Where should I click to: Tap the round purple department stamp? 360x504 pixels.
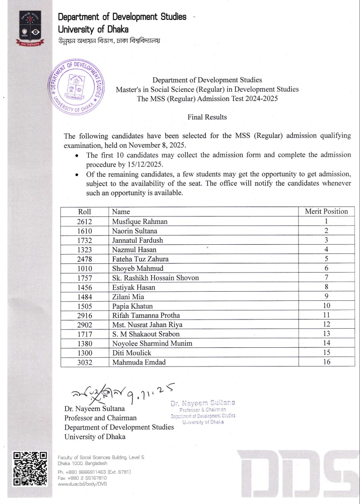pos(76,88)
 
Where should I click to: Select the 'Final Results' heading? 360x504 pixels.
pos(207,117)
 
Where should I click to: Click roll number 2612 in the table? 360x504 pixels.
pos(84,222)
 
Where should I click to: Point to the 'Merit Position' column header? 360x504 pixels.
pos(326,211)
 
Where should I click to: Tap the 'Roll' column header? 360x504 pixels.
pos(84,211)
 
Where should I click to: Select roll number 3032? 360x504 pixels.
pos(84,362)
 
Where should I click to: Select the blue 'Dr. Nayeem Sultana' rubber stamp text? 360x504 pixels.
pos(203,403)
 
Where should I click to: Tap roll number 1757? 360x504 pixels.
pos(84,278)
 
